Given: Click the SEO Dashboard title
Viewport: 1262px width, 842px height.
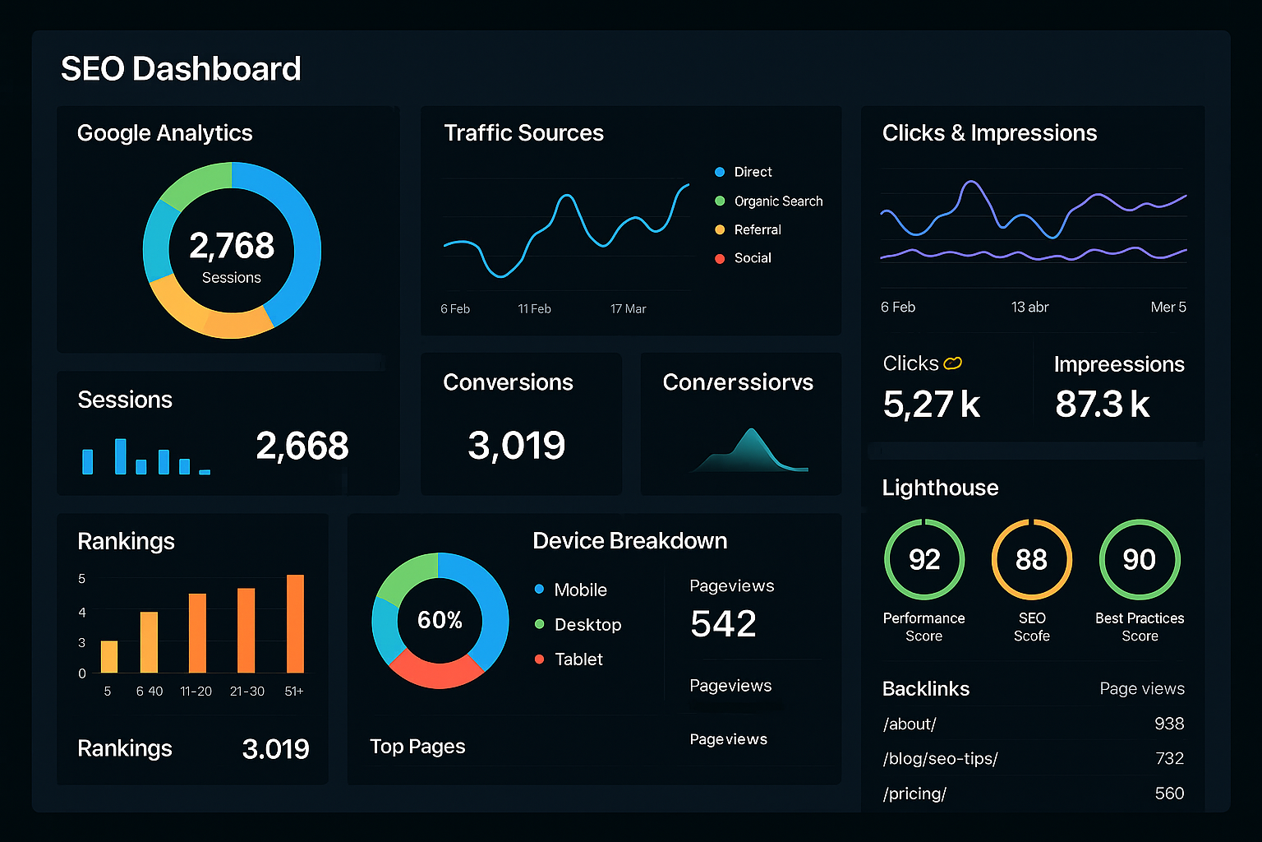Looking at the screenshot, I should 181,69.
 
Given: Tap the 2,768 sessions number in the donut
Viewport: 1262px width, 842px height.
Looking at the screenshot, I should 232,246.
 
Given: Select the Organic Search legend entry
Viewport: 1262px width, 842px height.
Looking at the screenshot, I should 777,201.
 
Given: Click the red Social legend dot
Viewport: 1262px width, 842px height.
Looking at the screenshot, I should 720,258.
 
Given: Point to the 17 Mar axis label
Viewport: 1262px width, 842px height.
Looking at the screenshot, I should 628,309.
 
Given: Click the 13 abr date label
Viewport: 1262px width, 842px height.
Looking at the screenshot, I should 1029,308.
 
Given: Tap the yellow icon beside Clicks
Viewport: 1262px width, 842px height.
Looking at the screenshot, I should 953,363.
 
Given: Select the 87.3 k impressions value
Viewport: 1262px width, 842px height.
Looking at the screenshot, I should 1103,405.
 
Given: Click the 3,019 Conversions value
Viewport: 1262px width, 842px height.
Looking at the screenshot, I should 516,446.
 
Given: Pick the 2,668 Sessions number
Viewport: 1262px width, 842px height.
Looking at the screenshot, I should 302,446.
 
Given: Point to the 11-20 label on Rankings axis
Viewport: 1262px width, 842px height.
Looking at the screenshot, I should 196,692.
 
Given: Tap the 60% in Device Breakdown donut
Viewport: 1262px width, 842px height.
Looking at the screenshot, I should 440,620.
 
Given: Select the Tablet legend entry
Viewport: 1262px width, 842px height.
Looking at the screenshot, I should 578,659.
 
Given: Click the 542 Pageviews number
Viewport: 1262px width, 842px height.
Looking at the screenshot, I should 723,624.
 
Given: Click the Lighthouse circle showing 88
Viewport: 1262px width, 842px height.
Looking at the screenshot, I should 1031,560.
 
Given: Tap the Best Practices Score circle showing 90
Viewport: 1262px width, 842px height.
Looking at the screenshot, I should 1139,560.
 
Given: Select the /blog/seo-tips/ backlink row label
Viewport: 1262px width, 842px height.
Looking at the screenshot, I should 940,759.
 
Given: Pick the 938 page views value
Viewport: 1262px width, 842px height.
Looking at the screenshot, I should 1168,724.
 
